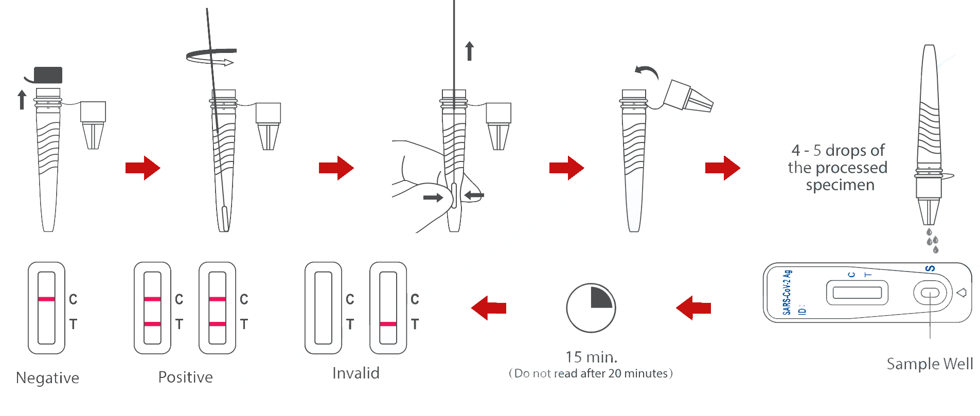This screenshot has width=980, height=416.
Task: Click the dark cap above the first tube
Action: pyautogui.click(x=48, y=75)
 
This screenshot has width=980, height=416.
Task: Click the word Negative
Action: pyautogui.click(x=47, y=378)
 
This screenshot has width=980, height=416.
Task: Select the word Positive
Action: pyautogui.click(x=185, y=377)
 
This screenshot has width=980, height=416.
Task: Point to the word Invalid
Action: pyautogui.click(x=355, y=373)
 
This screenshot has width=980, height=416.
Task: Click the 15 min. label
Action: pyautogui.click(x=591, y=357)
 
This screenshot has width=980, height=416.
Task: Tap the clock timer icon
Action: pyautogui.click(x=591, y=308)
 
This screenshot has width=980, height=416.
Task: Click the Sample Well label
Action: pyautogui.click(x=930, y=364)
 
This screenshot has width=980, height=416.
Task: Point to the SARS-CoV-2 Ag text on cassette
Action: pyautogui.click(x=787, y=292)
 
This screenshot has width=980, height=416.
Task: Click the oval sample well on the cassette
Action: pyautogui.click(x=930, y=293)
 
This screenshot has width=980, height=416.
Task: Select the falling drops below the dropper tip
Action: pyautogui.click(x=932, y=241)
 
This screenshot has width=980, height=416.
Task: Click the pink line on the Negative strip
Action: pyautogui.click(x=46, y=299)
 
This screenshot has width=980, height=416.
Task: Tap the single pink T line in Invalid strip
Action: pyautogui.click(x=388, y=324)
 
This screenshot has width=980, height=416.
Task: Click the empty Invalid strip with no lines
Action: pyautogui.click(x=323, y=308)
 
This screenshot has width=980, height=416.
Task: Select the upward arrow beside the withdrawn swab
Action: pyautogui.click(x=469, y=51)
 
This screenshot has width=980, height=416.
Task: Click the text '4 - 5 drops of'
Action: pyautogui.click(x=838, y=150)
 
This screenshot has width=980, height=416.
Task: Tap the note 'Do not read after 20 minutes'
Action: pyautogui.click(x=591, y=373)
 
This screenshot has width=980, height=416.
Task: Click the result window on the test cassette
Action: pyautogui.click(x=857, y=293)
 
